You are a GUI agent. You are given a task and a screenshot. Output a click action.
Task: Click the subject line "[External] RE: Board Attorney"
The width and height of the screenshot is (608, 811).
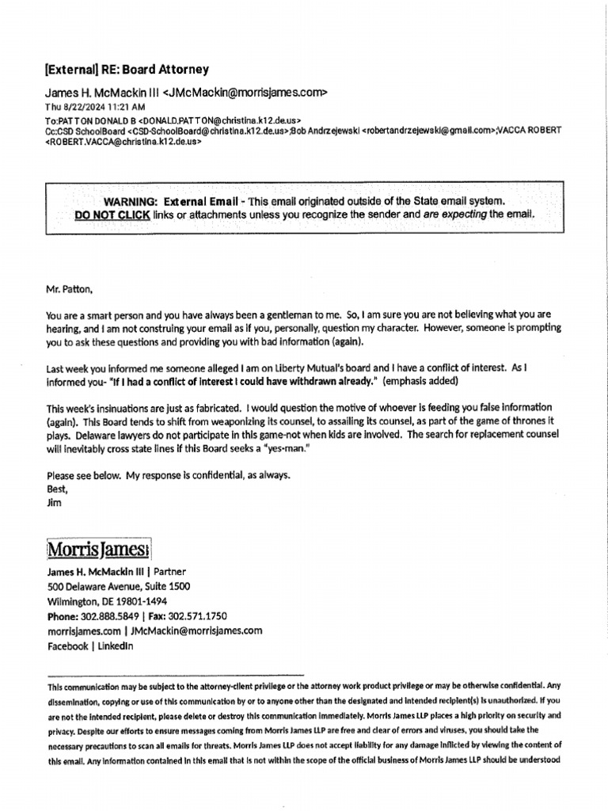(x=127, y=70)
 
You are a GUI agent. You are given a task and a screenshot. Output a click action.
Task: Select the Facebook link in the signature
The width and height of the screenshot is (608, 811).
(x=67, y=645)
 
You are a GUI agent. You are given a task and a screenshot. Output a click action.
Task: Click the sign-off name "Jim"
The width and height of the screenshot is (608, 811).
(x=54, y=502)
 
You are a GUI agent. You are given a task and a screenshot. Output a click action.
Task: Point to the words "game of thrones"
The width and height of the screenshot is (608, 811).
(x=503, y=421)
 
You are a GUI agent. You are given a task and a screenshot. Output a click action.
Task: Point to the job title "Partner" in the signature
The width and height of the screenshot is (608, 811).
(x=170, y=571)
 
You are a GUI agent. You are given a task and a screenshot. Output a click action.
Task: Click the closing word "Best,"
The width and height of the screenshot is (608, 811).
(x=58, y=489)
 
